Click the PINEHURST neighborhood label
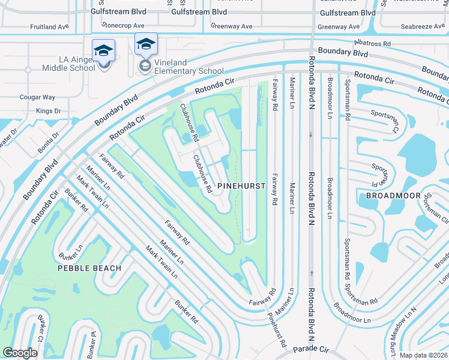[x=241, y=186]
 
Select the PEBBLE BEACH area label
[x=89, y=268]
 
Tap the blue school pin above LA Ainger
[x=103, y=50]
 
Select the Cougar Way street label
[x=37, y=97]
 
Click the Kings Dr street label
[x=49, y=111]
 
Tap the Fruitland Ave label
[x=50, y=27]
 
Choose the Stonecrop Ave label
[x=123, y=26]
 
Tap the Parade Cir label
[x=311, y=349]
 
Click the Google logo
[x=20, y=353]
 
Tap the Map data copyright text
[x=424, y=355]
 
